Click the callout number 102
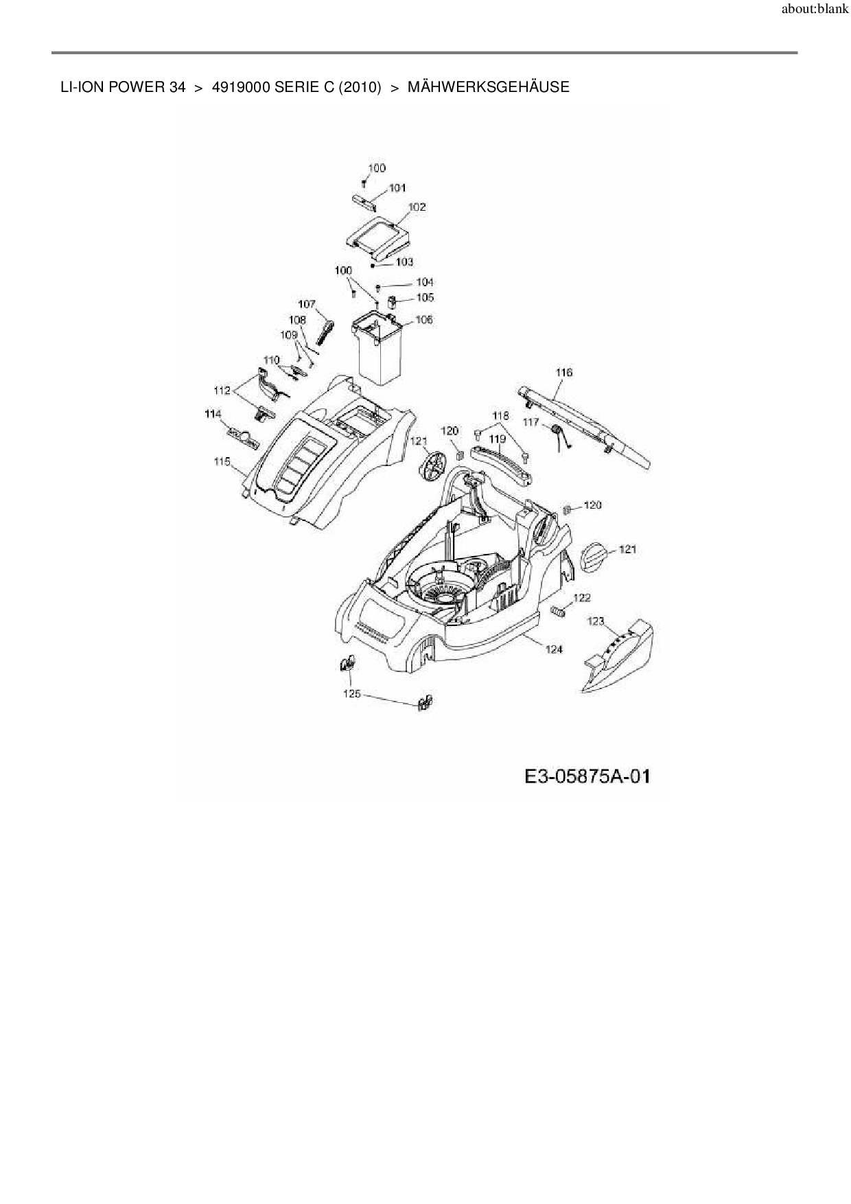pos(417,207)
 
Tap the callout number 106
pos(424,320)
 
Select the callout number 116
pos(563,372)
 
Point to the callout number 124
pos(554,649)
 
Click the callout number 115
pos(222,462)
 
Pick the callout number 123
pos(596,621)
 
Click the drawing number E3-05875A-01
pos(587,776)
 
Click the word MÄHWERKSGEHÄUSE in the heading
pos(488,87)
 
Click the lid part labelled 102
pos(377,236)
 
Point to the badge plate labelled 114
pos(242,437)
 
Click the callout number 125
pos(351,694)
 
